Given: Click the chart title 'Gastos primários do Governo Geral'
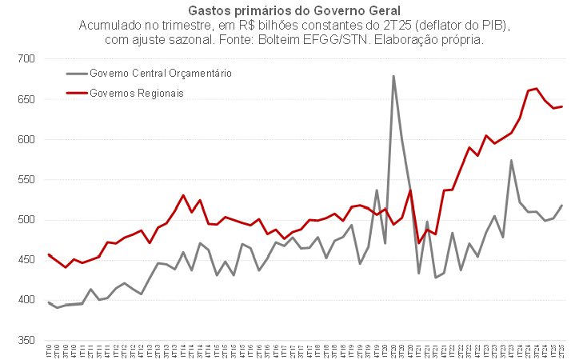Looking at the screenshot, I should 293,11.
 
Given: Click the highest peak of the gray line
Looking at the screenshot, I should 393,76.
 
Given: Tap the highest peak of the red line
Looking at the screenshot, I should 537,89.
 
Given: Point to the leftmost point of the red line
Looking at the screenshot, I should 49,254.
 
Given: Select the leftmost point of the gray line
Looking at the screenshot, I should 49,302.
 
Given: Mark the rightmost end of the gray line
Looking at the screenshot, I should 562,206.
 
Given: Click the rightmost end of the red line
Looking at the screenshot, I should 562,106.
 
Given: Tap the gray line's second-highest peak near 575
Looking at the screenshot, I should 511,160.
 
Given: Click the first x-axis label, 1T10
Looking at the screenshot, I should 49,351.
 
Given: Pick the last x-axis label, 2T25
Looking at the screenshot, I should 562,351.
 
